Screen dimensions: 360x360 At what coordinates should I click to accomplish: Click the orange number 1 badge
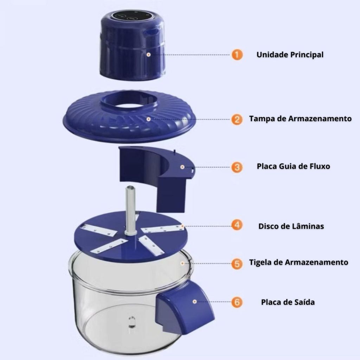click(x=237, y=55)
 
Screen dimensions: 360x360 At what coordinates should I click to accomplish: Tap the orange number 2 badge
click(x=237, y=120)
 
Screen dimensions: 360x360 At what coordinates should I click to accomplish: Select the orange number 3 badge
click(x=237, y=167)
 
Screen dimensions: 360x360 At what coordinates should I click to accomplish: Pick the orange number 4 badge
click(x=237, y=225)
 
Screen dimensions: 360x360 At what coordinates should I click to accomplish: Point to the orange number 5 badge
click(x=237, y=264)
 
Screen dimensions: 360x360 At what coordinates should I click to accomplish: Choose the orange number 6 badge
click(x=237, y=302)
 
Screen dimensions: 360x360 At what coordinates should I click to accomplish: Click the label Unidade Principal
click(x=290, y=54)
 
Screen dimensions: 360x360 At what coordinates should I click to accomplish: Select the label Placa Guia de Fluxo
click(x=294, y=166)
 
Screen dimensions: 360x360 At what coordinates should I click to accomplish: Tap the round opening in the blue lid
click(x=129, y=105)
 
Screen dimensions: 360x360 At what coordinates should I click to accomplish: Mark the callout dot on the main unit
click(x=149, y=54)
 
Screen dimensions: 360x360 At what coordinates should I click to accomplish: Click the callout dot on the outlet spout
click(x=195, y=301)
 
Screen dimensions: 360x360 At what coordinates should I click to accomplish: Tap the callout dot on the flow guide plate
click(x=182, y=167)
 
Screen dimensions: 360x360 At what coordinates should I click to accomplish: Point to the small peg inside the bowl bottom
click(x=132, y=322)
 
